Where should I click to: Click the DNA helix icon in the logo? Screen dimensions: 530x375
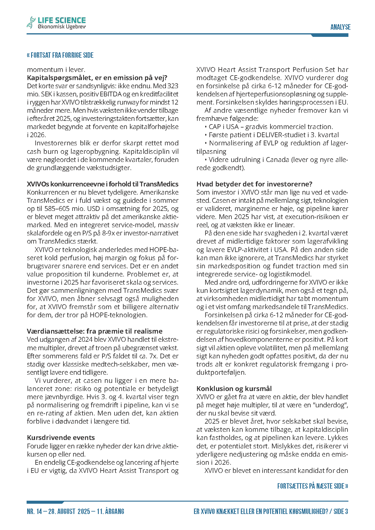[31, 23]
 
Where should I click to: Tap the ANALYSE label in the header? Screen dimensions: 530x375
[340, 27]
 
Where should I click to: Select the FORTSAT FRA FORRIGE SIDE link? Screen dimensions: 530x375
[60, 55]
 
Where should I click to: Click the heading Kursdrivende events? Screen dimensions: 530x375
[61, 438]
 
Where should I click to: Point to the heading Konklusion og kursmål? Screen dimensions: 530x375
[234, 389]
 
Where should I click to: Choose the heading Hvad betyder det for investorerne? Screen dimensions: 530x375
[254, 184]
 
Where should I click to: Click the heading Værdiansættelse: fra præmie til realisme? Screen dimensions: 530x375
[95, 331]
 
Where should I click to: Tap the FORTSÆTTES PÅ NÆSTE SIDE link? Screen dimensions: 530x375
[312, 486]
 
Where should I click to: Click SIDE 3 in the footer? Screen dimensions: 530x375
[341, 511]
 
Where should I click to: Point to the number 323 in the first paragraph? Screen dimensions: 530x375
[173, 86]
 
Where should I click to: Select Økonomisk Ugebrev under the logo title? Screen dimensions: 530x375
[62, 27]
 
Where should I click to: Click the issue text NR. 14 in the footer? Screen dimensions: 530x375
[34, 511]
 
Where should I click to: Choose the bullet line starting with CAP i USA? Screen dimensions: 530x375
[271, 127]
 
